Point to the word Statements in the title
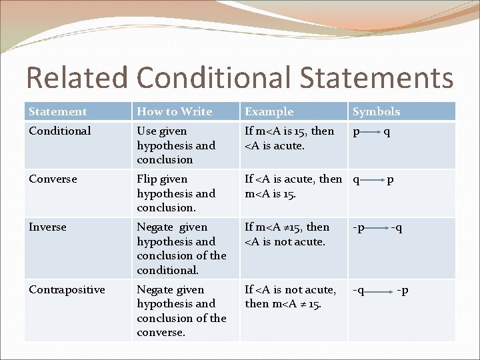coord(377,78)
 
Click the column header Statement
coord(58,112)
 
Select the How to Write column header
coord(174,112)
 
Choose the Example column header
coord(269,112)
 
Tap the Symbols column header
coord(376,112)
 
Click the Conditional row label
coord(60,131)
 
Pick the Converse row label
coord(53,179)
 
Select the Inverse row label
coord(48,227)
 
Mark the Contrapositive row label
coord(67,290)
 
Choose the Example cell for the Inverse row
coord(287,235)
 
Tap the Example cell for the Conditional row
coord(289,138)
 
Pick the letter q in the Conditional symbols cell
coord(387,131)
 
